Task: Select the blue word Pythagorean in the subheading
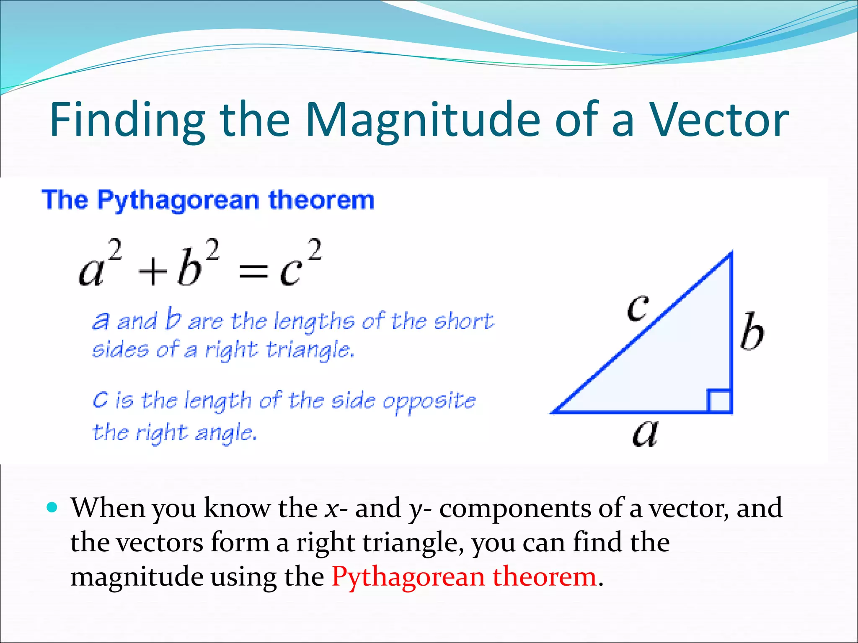click(x=178, y=200)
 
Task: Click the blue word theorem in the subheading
click(x=321, y=200)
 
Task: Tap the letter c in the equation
click(x=290, y=272)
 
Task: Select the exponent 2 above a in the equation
click(x=114, y=250)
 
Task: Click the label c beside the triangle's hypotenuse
click(x=638, y=308)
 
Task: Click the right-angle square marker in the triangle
click(x=719, y=401)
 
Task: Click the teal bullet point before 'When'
click(x=52, y=508)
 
